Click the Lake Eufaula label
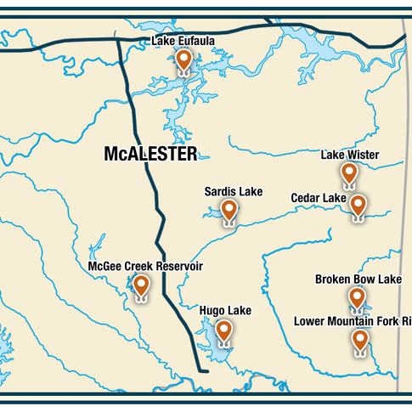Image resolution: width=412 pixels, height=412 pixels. point(183,40)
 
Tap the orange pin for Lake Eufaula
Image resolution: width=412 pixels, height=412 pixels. point(183,60)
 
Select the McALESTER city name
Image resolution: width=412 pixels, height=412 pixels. point(150,154)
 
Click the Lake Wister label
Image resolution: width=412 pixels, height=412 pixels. point(349,155)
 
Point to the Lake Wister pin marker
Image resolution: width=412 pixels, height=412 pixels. point(349,173)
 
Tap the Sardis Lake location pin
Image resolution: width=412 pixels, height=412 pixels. point(229,211)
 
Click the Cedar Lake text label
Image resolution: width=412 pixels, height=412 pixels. point(319,198)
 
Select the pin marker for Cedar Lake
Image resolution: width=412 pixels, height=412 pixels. point(358,205)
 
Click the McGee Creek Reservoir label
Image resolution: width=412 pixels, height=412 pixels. point(145,267)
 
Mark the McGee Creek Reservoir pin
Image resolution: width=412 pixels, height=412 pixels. point(141,285)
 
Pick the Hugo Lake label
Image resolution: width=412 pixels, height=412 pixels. point(224,311)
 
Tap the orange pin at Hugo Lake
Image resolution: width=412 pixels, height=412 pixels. point(223,330)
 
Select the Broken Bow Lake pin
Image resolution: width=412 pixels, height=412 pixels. point(358,297)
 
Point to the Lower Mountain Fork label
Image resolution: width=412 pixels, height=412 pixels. point(353,321)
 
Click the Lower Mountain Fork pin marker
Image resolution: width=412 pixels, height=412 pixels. point(360,340)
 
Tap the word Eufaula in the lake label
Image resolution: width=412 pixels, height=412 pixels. point(197,40)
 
